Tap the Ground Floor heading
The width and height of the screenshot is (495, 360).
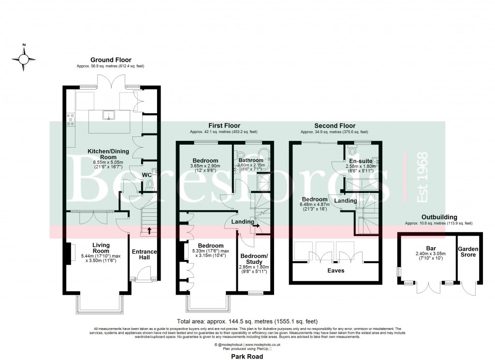click(110, 60)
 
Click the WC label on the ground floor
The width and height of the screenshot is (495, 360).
click(147, 175)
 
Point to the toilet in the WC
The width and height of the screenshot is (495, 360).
click(150, 183)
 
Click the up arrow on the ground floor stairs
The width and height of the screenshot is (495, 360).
click(149, 230)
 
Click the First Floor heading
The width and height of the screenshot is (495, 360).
click(224, 125)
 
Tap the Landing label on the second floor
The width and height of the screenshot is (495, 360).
click(346, 200)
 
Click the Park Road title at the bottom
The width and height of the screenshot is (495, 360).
click(247, 356)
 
